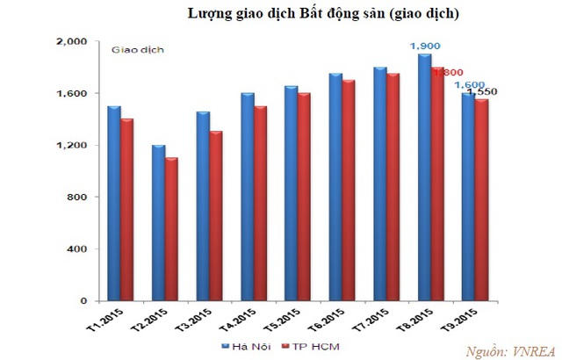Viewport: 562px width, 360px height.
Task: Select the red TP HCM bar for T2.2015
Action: pyautogui.click(x=171, y=229)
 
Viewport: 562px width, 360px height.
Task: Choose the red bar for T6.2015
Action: pyautogui.click(x=349, y=191)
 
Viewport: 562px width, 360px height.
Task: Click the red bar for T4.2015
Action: pyautogui.click(x=261, y=204)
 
